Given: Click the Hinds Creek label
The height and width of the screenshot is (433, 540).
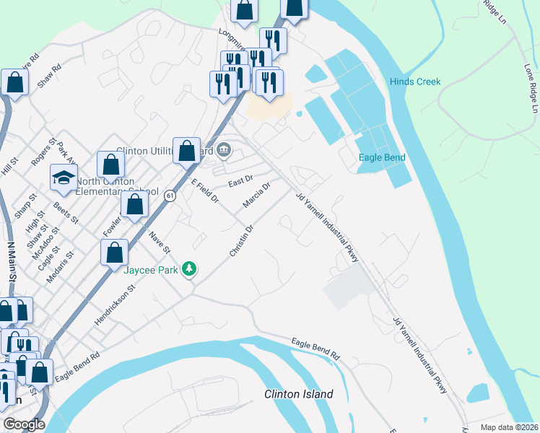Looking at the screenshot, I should (x=414, y=82).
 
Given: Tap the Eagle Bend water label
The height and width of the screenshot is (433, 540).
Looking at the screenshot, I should (x=382, y=157).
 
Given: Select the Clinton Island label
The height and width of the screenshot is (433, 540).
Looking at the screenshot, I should (x=299, y=394).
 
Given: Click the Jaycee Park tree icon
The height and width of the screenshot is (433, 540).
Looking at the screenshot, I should (x=190, y=269).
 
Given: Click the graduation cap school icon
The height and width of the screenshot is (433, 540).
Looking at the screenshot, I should (x=64, y=178).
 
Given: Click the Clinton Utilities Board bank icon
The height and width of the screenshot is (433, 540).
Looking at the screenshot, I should (x=224, y=150).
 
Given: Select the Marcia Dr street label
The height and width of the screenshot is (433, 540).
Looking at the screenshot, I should (x=256, y=195).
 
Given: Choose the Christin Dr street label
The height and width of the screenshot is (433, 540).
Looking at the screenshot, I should (x=242, y=240).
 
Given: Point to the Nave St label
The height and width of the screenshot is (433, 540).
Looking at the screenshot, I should (x=159, y=242).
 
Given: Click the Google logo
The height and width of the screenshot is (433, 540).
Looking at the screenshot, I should (x=24, y=424).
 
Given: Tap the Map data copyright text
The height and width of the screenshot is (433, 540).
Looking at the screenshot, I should (x=510, y=427).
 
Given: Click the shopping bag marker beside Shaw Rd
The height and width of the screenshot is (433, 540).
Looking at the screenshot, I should (x=15, y=84).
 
